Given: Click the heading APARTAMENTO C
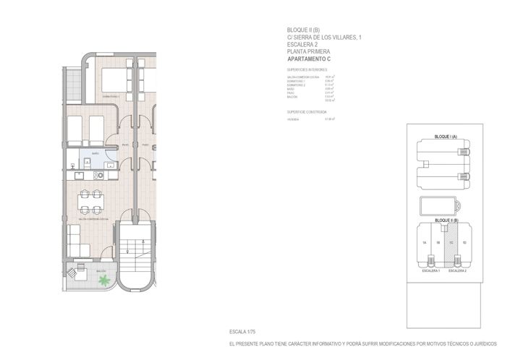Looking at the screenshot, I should point(308,59).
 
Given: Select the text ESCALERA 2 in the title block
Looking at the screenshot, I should point(302,44).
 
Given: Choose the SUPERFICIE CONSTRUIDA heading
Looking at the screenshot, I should point(307,112).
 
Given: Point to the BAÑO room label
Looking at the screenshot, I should point(95,154).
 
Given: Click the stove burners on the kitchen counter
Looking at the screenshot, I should point(98,175).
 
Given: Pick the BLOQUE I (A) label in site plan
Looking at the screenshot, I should point(443,136).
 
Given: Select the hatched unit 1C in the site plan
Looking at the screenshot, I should point(450,242).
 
